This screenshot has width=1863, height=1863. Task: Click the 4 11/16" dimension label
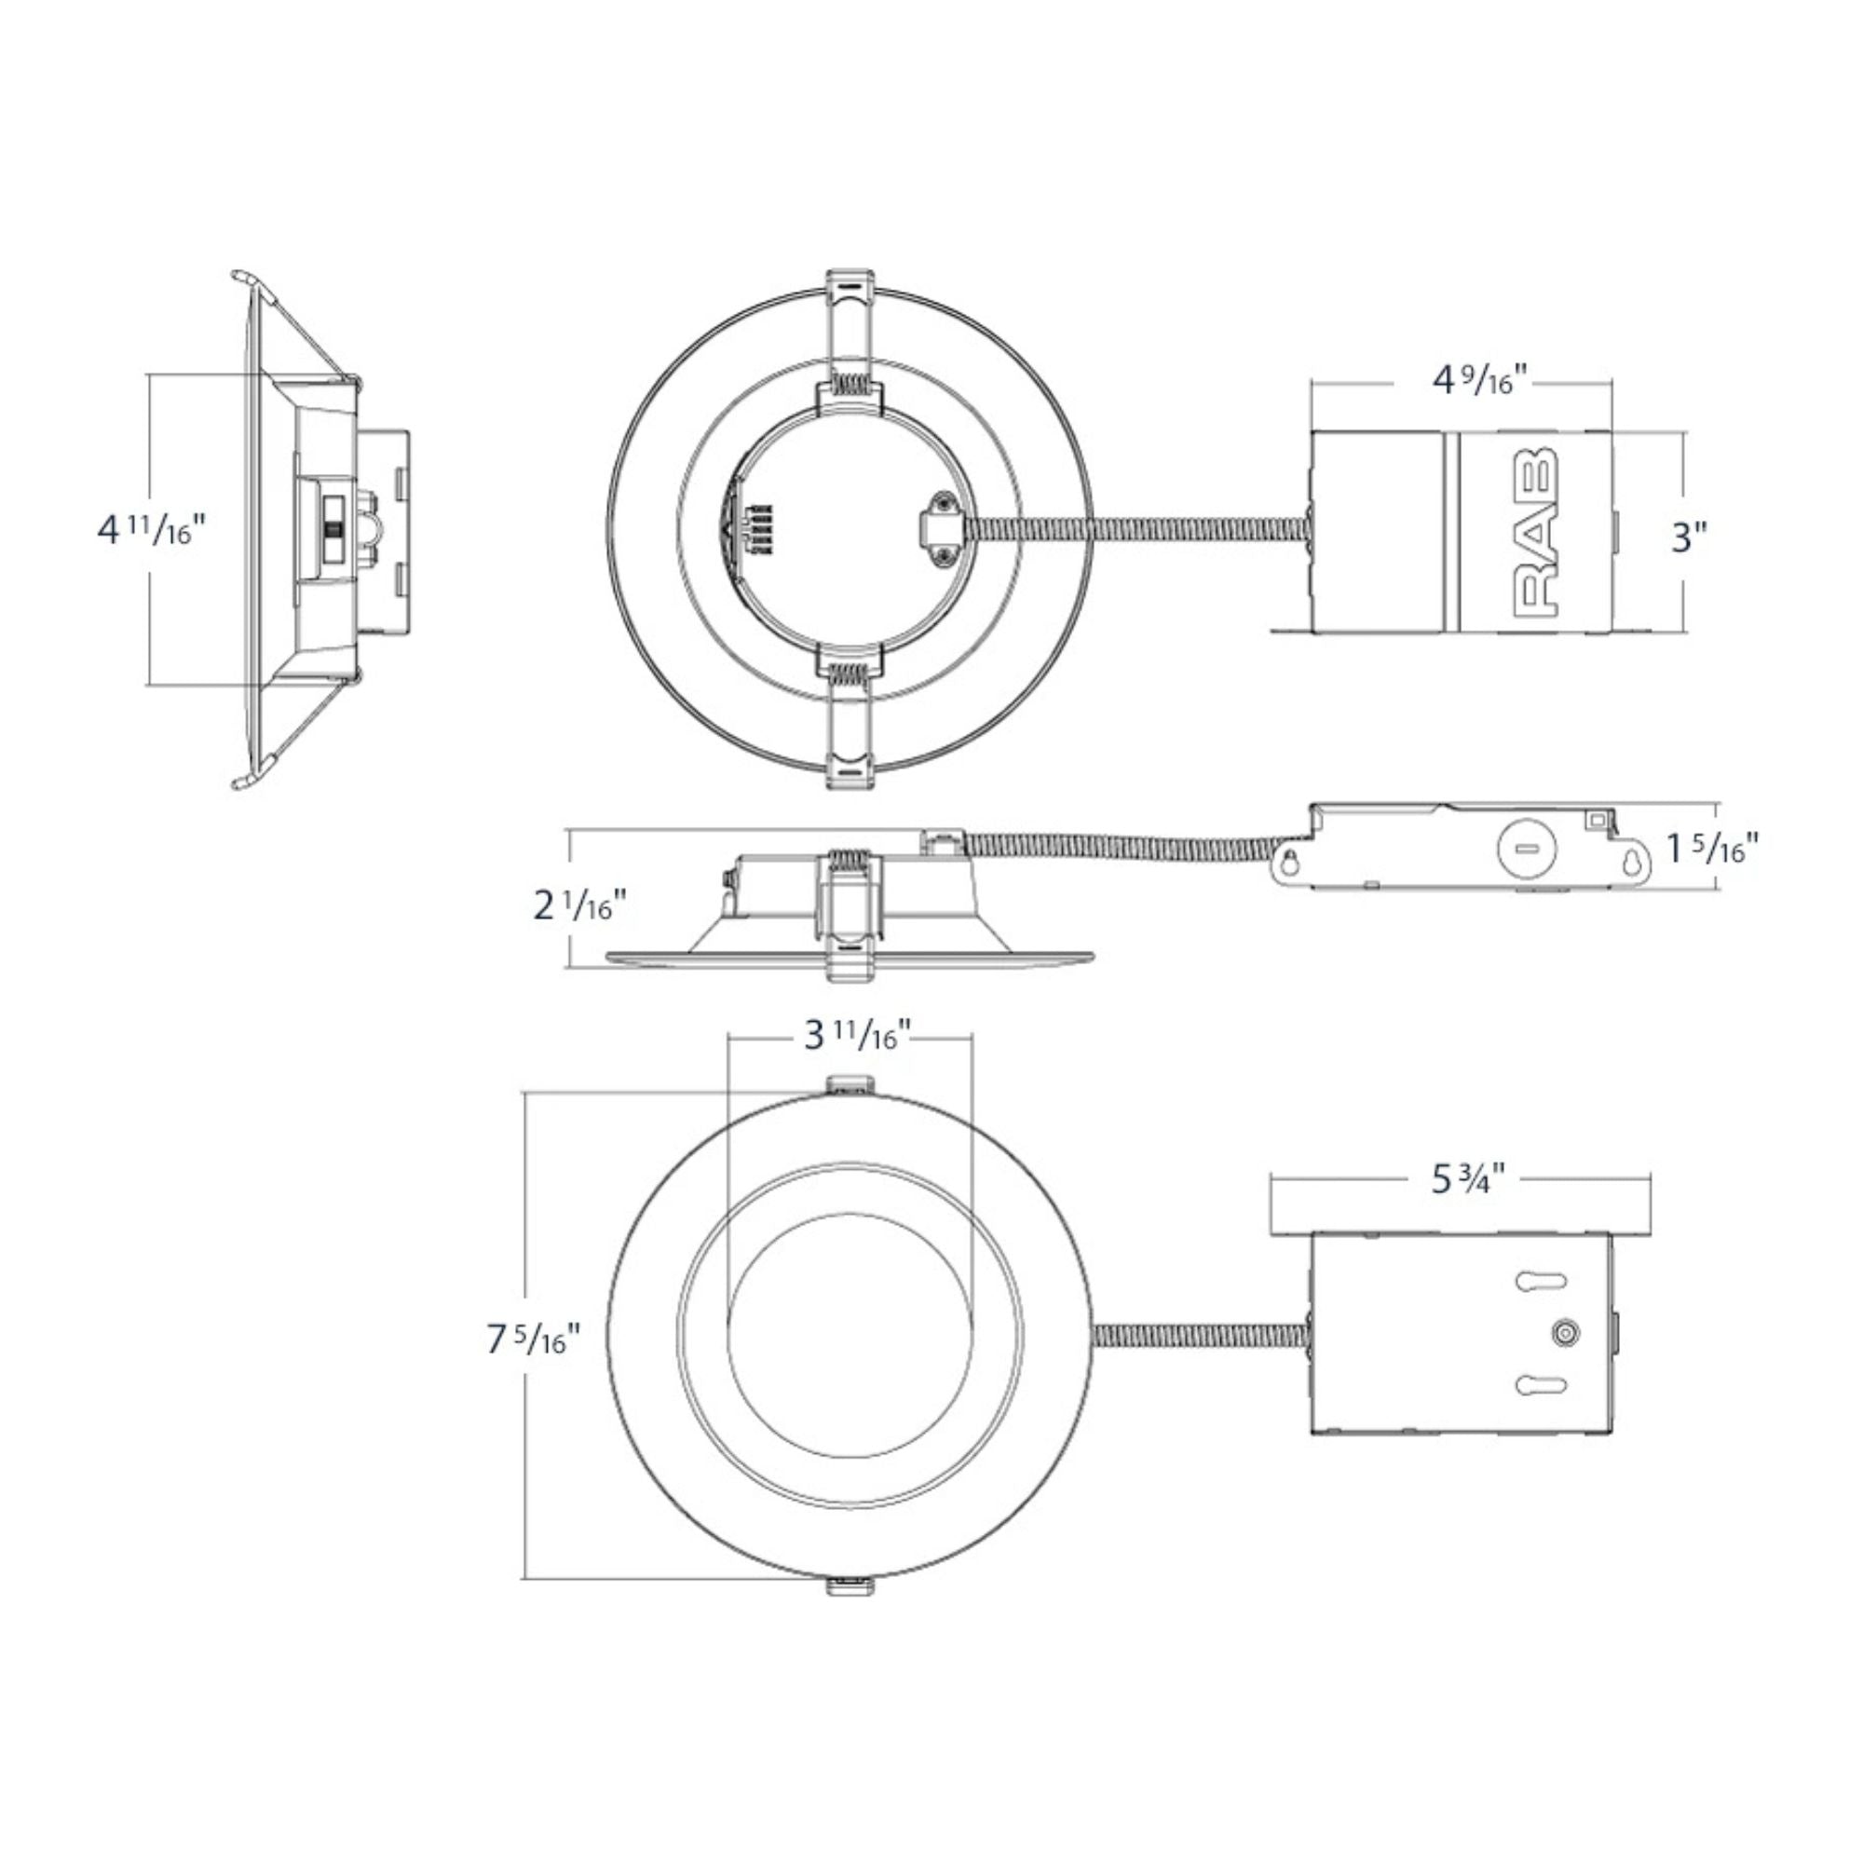pyautogui.click(x=153, y=530)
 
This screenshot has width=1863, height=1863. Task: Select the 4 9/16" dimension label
pyautogui.click(x=1480, y=380)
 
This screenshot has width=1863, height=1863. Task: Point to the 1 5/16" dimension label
pyautogui.click(x=1714, y=848)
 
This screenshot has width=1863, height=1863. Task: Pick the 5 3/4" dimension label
pyautogui.click(x=1469, y=1179)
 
